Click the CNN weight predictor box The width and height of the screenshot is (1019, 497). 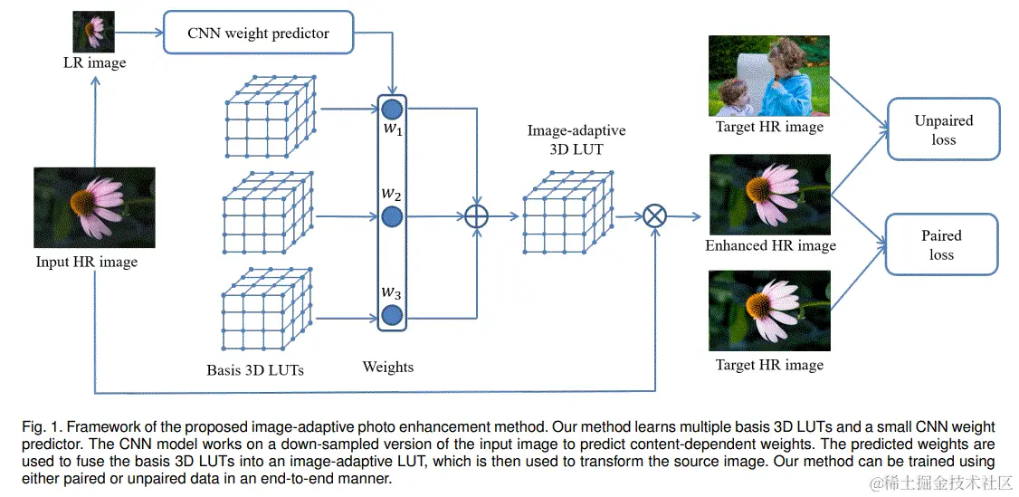(258, 33)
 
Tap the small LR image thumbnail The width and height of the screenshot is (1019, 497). (93, 31)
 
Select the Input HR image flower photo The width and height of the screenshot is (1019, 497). (94, 207)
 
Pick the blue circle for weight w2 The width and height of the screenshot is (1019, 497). (392, 216)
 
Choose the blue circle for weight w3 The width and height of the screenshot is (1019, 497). (392, 315)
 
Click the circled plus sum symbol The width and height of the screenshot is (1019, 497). (476, 216)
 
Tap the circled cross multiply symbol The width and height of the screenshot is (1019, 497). (654, 216)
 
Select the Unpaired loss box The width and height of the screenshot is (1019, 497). (943, 130)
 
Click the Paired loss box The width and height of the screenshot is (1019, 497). (941, 244)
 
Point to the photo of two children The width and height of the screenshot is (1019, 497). (769, 76)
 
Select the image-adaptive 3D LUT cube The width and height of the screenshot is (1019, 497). (567, 214)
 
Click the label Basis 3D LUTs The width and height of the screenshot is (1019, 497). (255, 369)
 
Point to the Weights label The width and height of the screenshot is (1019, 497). (388, 367)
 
